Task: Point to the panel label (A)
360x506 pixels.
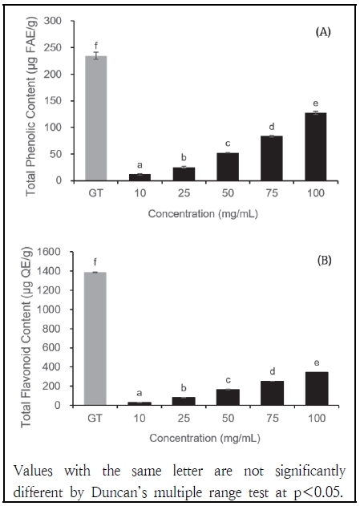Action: coord(323,33)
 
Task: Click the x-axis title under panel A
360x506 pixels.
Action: coord(207,216)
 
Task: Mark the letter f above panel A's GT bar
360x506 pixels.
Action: coord(95,45)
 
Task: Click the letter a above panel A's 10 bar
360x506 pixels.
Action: coord(140,164)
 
